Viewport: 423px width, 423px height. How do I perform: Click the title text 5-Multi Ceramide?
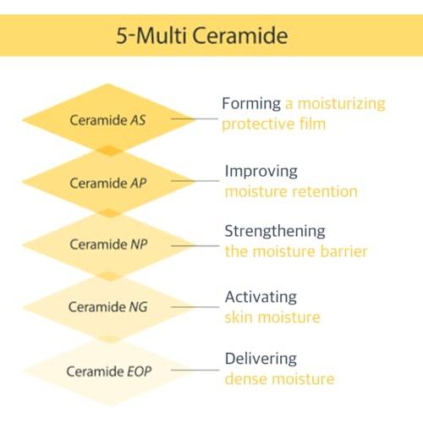(202, 36)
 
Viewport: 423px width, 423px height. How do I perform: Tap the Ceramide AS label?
(107, 120)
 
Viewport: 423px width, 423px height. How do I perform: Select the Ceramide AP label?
(108, 184)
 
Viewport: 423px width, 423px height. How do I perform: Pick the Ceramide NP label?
(108, 244)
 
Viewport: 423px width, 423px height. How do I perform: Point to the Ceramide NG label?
(108, 306)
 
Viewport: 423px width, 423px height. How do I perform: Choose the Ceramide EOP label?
(109, 371)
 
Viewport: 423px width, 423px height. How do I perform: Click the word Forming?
(251, 104)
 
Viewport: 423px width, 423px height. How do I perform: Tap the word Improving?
(261, 172)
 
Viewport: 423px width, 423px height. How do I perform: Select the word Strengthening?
(275, 232)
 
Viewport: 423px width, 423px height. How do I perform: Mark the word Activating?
(261, 297)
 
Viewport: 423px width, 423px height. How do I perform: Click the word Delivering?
(261, 359)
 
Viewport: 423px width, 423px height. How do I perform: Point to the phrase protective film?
(274, 124)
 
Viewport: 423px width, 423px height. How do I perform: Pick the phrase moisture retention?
(291, 192)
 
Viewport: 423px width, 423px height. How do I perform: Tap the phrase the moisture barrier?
(296, 251)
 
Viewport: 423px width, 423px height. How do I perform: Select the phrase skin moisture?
(272, 317)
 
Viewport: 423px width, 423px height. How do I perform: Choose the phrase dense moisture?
(279, 379)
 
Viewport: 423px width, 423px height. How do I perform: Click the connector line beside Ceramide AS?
(195, 119)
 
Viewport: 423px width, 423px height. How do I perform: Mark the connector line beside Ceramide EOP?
(195, 370)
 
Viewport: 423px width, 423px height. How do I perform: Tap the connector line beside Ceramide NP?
(195, 246)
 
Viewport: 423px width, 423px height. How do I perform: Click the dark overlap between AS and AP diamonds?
(110, 151)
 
